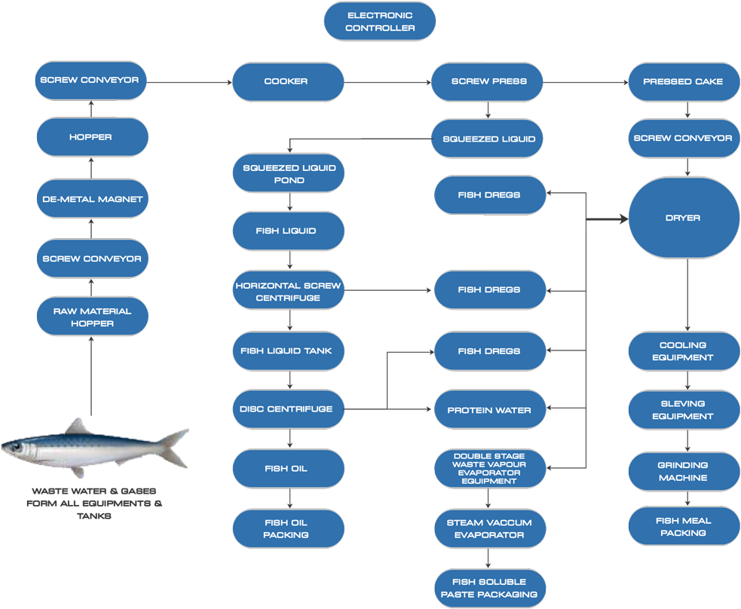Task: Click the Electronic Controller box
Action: click(380, 21)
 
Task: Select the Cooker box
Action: click(288, 81)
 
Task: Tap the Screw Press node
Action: click(487, 81)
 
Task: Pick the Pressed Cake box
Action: click(684, 81)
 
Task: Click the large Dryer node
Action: click(684, 219)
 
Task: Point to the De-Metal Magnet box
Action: click(91, 200)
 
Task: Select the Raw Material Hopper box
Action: click(91, 317)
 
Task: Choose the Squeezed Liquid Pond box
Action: click(289, 174)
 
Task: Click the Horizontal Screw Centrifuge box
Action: click(289, 292)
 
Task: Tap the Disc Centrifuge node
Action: click(289, 409)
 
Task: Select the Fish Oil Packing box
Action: click(289, 528)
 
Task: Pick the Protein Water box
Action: click(490, 411)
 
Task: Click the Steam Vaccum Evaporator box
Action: click(490, 528)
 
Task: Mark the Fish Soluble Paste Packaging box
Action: click(490, 588)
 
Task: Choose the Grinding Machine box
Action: click(684, 472)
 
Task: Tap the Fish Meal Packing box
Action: click(684, 527)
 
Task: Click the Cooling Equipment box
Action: click(684, 351)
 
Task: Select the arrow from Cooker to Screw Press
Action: click(387, 81)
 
